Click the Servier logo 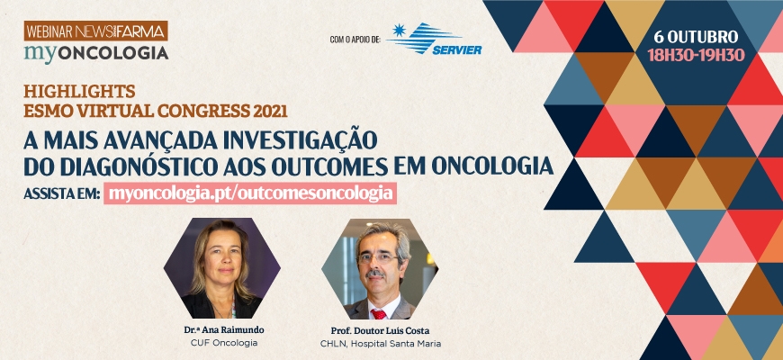tap(435, 39)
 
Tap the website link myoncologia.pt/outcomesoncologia tap(250, 193)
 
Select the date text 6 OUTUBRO tap(696, 37)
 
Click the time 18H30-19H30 tap(696, 54)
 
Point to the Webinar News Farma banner tap(96, 31)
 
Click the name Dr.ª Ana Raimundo tap(224, 330)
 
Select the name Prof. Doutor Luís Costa tap(380, 330)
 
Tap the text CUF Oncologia tap(224, 343)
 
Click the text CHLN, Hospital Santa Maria tap(381, 344)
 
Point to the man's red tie tap(378, 314)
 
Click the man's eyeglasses tap(378, 258)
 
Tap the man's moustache tap(375, 274)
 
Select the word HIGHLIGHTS tap(79, 92)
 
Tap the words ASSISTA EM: tap(62, 193)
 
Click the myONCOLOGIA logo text tap(96, 53)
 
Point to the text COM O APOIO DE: tap(355, 40)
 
